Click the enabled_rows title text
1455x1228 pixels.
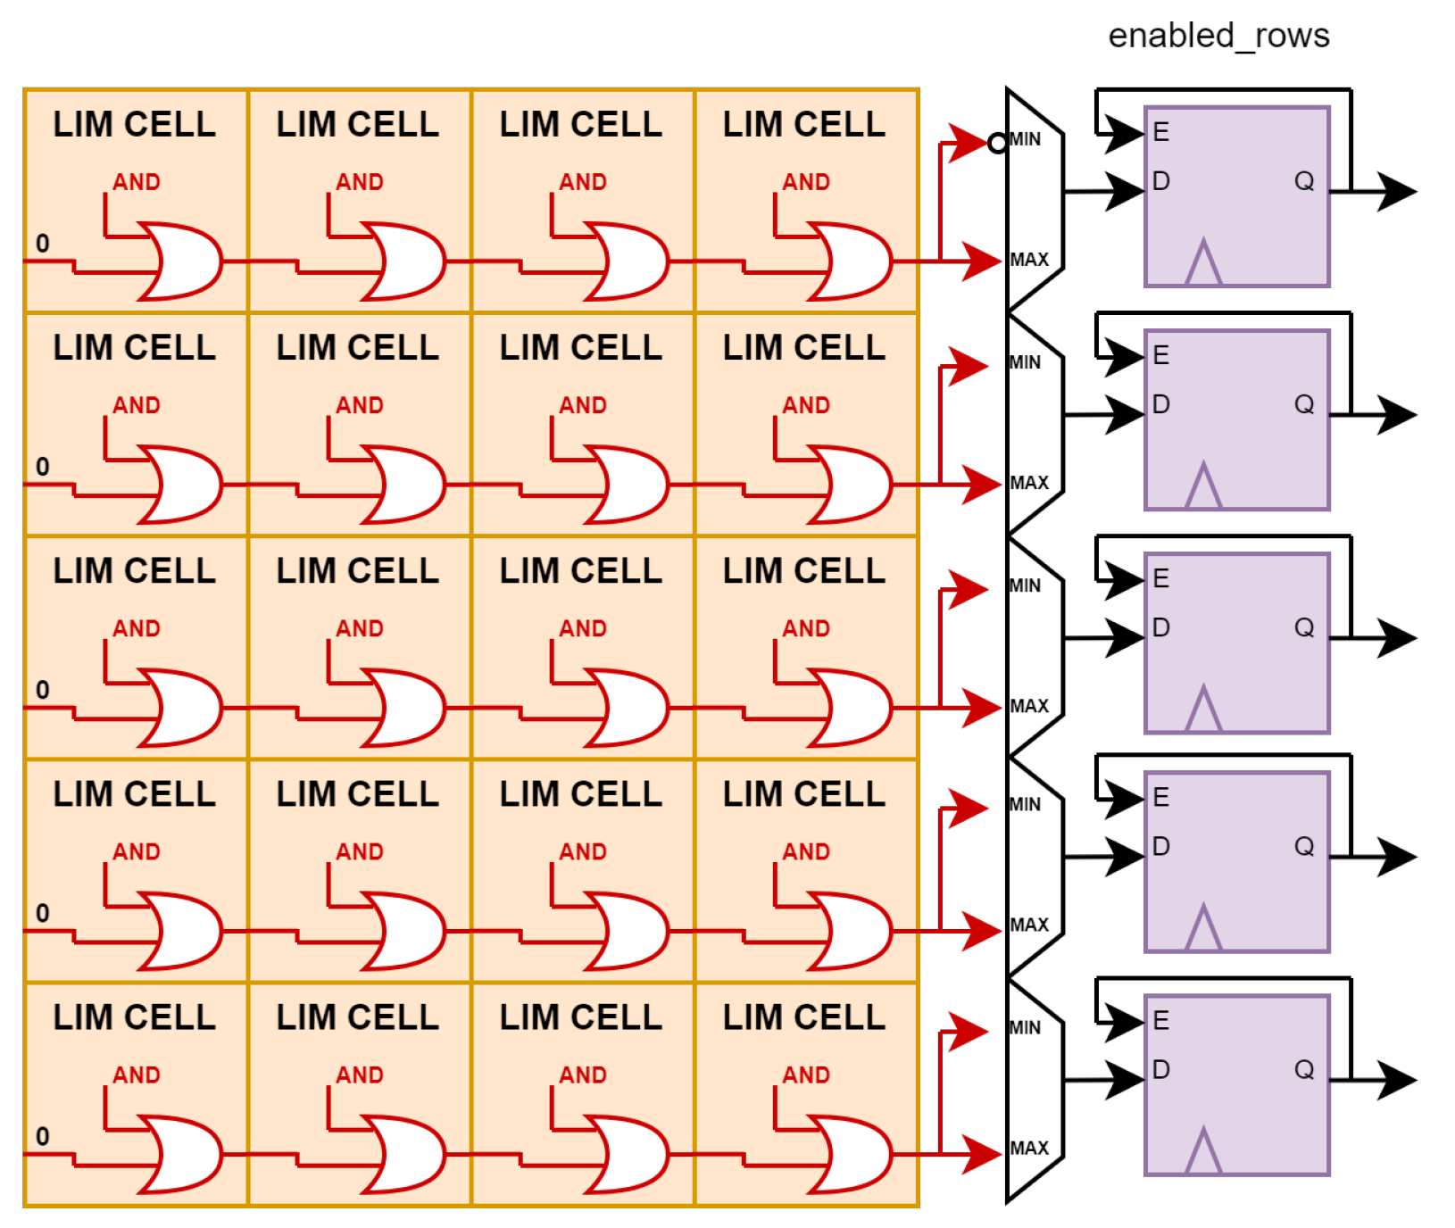click(1218, 36)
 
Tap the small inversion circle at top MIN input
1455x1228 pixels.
click(997, 143)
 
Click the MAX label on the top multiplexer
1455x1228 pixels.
click(1029, 260)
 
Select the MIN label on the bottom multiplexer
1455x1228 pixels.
click(1025, 1027)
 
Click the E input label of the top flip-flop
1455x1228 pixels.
click(1160, 132)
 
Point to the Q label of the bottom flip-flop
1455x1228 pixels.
click(1304, 1069)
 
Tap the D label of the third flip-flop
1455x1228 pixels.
click(1160, 627)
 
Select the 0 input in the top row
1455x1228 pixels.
click(42, 243)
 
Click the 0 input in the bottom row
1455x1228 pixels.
click(42, 1136)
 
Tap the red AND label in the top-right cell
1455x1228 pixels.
click(806, 182)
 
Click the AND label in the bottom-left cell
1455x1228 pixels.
click(136, 1075)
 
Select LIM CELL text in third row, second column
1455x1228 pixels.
click(357, 571)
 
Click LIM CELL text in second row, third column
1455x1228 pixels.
click(580, 348)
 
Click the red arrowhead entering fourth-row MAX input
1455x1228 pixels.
click(982, 931)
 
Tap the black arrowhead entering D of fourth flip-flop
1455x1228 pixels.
click(1125, 857)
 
